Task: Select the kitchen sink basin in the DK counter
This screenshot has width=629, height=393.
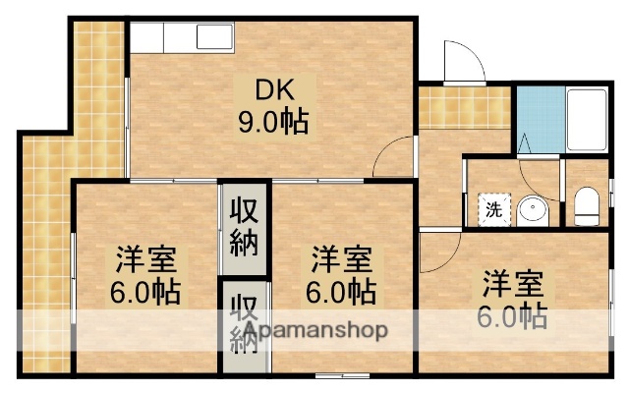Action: (x=214, y=37)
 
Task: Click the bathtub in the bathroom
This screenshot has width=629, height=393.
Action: (x=587, y=118)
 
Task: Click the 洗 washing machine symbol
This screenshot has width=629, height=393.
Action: (x=493, y=208)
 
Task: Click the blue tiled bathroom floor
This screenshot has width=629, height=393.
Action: (x=535, y=118)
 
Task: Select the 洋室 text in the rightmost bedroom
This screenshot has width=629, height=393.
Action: (x=513, y=284)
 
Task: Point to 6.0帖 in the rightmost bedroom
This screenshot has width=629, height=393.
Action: (x=513, y=316)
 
